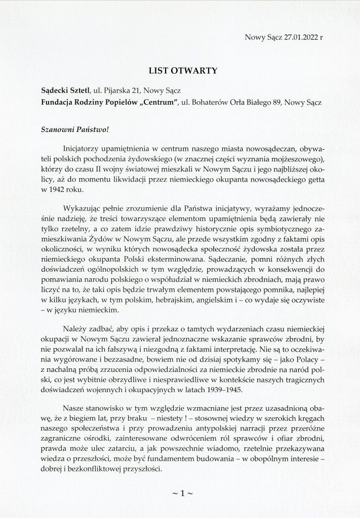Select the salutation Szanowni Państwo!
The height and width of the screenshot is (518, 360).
pyautogui.click(x=74, y=128)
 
